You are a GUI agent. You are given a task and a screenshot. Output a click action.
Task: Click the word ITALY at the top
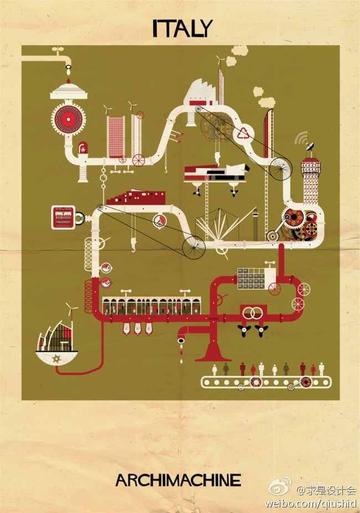coord(182,28)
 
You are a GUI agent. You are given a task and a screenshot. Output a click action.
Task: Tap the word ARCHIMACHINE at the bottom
coord(178,480)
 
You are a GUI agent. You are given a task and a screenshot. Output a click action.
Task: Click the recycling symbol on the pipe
coord(243,133)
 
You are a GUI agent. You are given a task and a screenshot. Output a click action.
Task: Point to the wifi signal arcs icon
coord(301,138)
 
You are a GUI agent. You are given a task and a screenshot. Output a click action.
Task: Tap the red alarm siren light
coord(83,149)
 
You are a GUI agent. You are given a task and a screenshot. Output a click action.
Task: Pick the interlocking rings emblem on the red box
coord(253,313)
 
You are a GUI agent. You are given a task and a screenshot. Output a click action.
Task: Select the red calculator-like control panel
coord(63,217)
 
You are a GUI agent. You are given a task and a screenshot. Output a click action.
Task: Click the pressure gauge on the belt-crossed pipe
coord(160,221)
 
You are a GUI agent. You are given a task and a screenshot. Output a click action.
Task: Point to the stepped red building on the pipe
coord(135,197)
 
